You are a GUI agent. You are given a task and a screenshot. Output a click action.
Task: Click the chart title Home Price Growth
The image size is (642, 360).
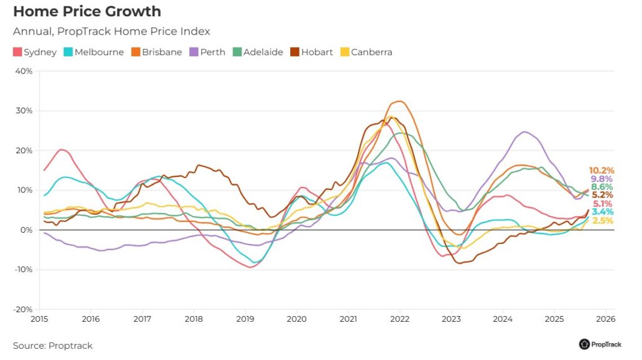[x=87, y=11]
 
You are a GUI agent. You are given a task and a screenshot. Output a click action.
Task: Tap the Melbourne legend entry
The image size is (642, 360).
[x=93, y=52]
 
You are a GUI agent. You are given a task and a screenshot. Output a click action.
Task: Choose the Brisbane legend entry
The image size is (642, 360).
[x=157, y=52]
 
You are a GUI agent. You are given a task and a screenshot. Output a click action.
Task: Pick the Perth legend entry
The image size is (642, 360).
[x=208, y=52]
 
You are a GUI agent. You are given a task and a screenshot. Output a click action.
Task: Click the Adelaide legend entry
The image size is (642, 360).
[x=258, y=52]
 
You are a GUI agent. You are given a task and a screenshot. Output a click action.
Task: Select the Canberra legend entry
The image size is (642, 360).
[x=366, y=52]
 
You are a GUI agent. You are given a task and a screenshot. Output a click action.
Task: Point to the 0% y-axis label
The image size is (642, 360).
[x=26, y=230]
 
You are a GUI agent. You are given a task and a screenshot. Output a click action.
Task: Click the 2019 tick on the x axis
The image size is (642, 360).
[x=245, y=319]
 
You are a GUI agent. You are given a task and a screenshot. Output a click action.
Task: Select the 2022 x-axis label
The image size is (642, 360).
[x=399, y=319]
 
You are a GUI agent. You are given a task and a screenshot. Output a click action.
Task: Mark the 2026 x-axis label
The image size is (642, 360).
[x=605, y=319]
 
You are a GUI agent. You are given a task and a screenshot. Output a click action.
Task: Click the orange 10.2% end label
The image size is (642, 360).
[x=601, y=171]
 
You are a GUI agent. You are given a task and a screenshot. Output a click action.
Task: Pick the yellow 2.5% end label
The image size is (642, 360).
[x=603, y=221]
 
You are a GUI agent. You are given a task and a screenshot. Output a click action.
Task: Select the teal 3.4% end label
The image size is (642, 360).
[x=603, y=212]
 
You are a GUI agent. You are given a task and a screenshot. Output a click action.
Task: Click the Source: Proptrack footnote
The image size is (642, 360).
[x=53, y=346]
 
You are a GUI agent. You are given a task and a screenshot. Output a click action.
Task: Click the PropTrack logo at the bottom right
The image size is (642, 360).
[x=601, y=344]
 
